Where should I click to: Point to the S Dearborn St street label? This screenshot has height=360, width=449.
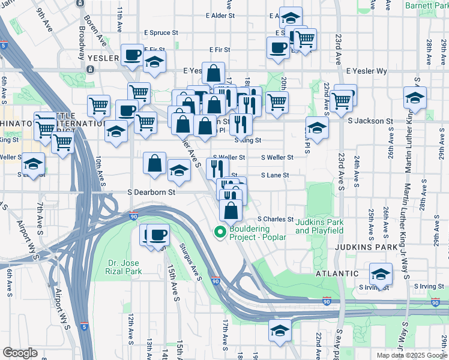click(x=151, y=193)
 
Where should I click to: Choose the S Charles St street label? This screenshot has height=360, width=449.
click(x=276, y=219)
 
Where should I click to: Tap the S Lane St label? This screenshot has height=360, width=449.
click(x=274, y=175)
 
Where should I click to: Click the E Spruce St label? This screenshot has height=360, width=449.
click(x=161, y=33)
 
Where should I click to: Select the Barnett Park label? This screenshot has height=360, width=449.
click(x=426, y=5)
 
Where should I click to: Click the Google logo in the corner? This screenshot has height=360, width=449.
click(x=20, y=352)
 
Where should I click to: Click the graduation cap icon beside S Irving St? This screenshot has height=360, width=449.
click(x=381, y=274)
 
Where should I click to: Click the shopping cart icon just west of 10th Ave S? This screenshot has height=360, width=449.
click(x=62, y=143)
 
